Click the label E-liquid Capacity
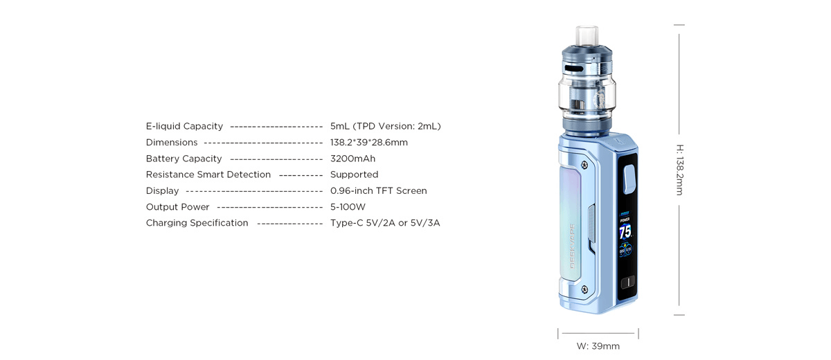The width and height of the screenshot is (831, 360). tap(184, 126)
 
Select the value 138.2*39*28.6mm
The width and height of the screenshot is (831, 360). tap(368, 143)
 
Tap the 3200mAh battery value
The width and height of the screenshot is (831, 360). tap(352, 159)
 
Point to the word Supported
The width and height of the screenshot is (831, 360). tap(354, 174)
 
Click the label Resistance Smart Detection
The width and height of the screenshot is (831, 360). tap(208, 174)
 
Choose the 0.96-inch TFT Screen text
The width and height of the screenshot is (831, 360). tap(378, 190)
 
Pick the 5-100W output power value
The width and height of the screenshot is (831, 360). tap(348, 207)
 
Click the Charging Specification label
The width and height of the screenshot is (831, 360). tap(197, 223)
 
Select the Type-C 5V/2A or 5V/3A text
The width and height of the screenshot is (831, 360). tap(385, 223)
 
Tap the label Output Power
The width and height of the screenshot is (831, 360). tap(177, 207)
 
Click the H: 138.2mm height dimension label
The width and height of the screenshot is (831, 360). tap(679, 170)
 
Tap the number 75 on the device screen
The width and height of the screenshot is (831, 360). tap(625, 232)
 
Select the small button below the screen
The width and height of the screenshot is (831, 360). tap(627, 282)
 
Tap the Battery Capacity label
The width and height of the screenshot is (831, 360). tap(184, 159)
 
